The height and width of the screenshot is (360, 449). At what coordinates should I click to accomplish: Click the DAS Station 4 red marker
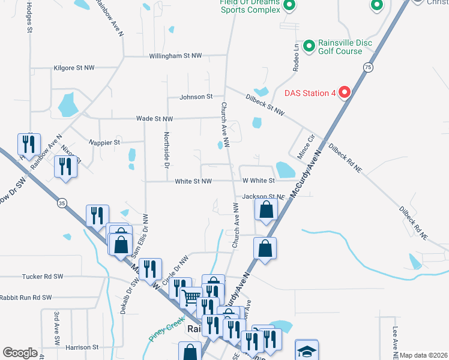click(x=345, y=93)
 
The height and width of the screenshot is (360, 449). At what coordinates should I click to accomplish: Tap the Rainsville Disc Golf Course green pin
click(x=309, y=46)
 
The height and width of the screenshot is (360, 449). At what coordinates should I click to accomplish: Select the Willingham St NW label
click(x=175, y=56)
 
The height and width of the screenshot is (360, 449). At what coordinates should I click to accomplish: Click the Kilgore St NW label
click(x=74, y=68)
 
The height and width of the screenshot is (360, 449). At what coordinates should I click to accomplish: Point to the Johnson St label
click(x=196, y=97)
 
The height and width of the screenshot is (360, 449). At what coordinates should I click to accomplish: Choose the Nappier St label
click(x=104, y=143)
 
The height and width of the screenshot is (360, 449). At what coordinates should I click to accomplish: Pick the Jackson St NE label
click(x=263, y=197)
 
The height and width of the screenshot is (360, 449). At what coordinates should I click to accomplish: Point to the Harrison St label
click(x=82, y=347)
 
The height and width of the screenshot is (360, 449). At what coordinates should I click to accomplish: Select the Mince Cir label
click(x=306, y=147)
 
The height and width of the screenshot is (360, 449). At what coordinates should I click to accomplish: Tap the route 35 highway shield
click(x=62, y=204)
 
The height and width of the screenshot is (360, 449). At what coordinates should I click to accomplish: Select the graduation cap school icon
click(x=307, y=351)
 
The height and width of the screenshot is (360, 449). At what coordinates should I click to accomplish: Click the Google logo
click(x=20, y=353)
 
